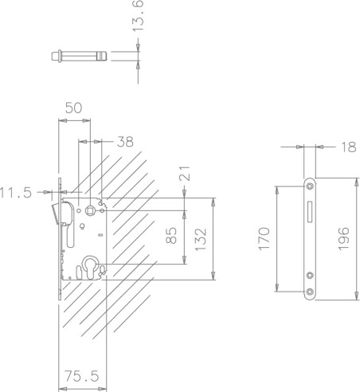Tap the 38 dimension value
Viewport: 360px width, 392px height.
click(x=125, y=142)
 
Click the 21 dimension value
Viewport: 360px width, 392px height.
click(x=185, y=174)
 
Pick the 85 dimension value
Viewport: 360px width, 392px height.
click(x=170, y=237)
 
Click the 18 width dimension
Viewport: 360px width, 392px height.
click(x=346, y=147)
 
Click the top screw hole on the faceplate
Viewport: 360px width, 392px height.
click(x=310, y=186)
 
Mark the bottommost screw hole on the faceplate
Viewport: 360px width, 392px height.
click(x=310, y=292)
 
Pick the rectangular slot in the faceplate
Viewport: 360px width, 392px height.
click(x=310, y=213)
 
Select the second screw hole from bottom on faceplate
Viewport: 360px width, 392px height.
click(x=310, y=276)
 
